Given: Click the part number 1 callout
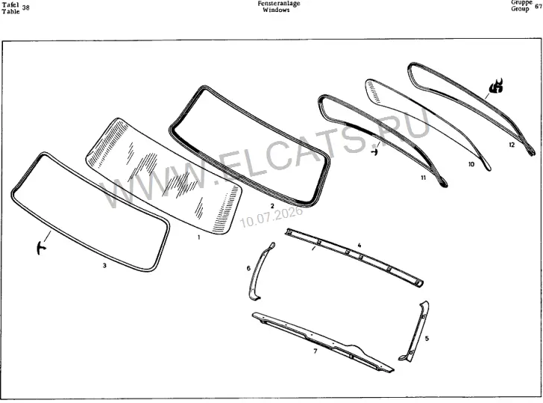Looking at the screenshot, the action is (198, 237).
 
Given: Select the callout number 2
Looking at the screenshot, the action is (272, 206).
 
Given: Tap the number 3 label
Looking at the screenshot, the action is (104, 266).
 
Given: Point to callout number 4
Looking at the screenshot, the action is (360, 246).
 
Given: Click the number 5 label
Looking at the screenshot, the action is (427, 338).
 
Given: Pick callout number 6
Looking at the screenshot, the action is (248, 268).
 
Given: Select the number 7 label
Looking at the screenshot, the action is (315, 351).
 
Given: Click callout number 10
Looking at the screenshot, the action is (471, 164).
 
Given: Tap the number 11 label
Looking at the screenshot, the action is (423, 178).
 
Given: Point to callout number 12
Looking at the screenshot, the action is (512, 145).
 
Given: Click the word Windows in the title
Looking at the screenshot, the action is (276, 10).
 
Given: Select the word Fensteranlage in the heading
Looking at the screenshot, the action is (279, 4).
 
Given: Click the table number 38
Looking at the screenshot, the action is (25, 7).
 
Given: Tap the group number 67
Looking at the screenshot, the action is (539, 6).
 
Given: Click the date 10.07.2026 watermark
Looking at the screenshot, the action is (271, 217).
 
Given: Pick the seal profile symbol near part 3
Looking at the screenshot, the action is (41, 248).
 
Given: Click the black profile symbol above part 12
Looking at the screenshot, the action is (496, 87).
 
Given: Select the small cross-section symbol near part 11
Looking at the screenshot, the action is (374, 151).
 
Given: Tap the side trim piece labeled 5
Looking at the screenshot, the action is (415, 331).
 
